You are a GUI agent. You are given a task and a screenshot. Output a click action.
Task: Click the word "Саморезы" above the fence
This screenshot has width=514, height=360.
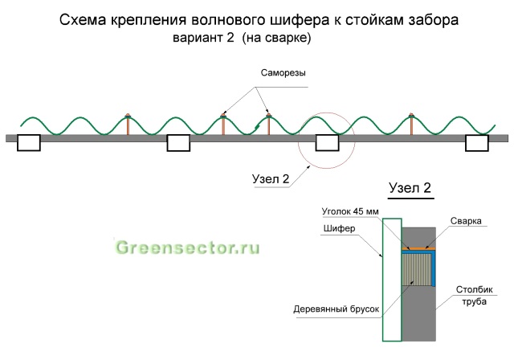click(x=283, y=73)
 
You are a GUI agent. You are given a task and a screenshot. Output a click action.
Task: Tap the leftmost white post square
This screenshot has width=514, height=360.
click(x=29, y=143)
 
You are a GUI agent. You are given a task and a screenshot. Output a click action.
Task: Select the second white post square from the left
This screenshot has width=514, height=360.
click(x=178, y=143)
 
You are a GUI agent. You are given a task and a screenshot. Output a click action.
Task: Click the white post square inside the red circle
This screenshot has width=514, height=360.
click(x=327, y=143)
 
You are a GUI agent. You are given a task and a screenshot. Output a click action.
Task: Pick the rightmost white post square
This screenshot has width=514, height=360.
click(x=477, y=143)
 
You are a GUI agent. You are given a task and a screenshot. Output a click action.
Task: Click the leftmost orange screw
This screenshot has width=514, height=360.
click(x=128, y=125)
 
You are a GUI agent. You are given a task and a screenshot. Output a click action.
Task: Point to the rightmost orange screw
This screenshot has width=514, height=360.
click(x=411, y=124)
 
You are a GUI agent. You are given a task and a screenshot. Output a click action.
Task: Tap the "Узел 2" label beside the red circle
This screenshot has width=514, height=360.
click(x=271, y=179)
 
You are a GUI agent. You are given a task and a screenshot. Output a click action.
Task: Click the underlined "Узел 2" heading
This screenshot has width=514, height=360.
click(x=410, y=188)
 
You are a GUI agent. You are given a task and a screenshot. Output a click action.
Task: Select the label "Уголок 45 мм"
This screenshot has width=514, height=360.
click(x=350, y=211)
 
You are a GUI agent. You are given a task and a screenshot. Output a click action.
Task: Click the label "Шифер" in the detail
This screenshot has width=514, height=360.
click(x=339, y=228)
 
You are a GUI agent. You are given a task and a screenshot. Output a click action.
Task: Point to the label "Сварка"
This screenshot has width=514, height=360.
click(x=466, y=221)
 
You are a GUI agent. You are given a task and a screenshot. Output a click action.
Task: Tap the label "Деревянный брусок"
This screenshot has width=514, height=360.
click(x=336, y=309)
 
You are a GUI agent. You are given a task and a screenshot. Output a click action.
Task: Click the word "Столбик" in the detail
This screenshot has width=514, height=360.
click(x=475, y=290)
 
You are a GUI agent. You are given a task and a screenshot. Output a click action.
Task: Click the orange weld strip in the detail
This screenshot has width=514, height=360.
click(x=418, y=248)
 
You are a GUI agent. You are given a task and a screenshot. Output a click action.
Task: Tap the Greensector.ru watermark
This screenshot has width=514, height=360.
click(x=187, y=247)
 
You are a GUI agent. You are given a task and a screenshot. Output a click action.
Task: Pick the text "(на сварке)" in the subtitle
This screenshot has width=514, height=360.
click(x=276, y=39)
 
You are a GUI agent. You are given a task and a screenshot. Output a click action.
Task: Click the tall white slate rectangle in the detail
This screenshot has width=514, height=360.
click(x=392, y=280)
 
